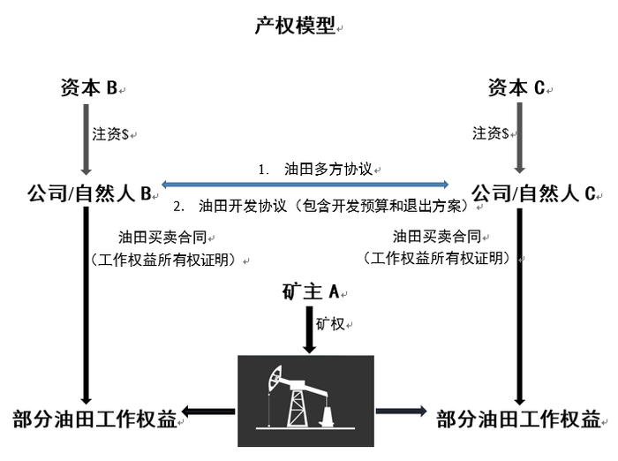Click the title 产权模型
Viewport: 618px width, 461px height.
tap(294, 26)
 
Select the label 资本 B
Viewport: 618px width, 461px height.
tap(89, 87)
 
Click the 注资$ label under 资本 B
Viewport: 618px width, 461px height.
tap(110, 134)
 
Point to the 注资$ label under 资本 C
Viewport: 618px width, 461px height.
tap(491, 133)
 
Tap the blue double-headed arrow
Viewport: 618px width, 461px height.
tap(305, 184)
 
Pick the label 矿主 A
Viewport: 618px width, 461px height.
tap(313, 291)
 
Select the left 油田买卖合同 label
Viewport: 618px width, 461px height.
tap(162, 237)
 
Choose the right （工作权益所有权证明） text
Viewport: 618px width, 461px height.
tap(436, 259)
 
